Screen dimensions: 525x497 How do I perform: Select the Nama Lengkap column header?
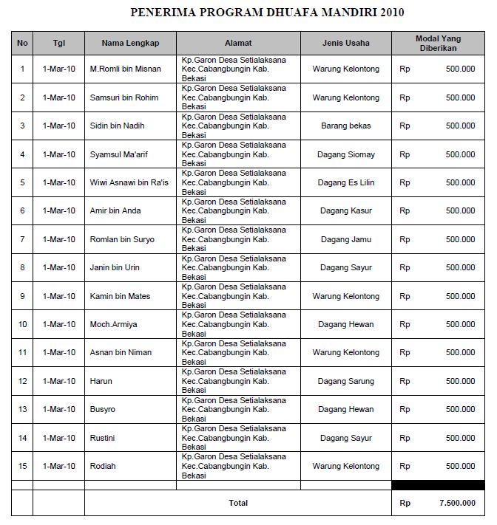(130, 43)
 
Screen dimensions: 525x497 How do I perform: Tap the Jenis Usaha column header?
(346, 43)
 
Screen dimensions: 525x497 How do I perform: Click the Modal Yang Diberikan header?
(438, 43)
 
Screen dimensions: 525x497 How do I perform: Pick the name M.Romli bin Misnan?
(126, 69)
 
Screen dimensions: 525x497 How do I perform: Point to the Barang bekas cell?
(346, 126)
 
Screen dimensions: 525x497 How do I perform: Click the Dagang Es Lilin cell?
(346, 182)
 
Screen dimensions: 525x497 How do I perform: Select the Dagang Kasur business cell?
(346, 210)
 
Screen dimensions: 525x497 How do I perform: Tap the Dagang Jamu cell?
(346, 239)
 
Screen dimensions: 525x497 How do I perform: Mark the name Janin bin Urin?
(115, 267)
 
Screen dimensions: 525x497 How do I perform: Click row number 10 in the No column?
(22, 324)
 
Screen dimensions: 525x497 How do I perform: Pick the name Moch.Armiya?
(113, 324)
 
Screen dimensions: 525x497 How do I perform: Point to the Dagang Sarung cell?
(346, 381)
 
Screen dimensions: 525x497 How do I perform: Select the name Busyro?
(103, 409)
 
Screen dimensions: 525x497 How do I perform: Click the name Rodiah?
(103, 466)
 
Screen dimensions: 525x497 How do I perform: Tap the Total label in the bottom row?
(238, 503)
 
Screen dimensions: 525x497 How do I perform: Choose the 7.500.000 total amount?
(457, 503)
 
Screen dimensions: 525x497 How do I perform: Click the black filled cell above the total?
(438, 485)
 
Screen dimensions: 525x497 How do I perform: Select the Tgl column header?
(59, 43)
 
